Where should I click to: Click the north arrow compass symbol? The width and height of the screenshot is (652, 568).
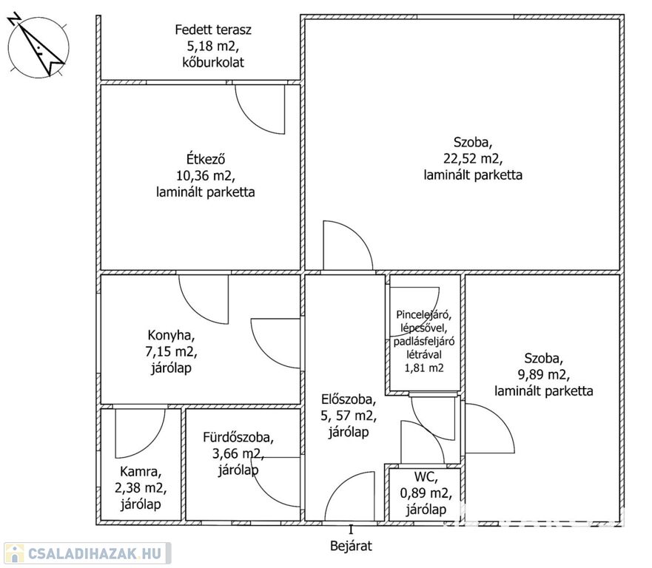38,47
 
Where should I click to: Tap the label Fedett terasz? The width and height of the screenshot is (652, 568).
213,30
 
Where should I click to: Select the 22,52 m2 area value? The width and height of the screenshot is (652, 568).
473,159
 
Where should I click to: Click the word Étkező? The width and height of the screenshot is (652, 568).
206,159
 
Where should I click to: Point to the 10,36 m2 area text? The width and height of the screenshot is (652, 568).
206,176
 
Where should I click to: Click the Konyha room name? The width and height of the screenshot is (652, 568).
171,335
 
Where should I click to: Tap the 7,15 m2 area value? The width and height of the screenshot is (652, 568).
171,352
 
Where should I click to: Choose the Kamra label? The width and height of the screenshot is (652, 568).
141,472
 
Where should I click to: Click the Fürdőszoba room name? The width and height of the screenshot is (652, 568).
238,437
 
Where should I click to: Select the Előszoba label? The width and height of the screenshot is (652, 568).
349,399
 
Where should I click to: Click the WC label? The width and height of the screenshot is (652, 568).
426,477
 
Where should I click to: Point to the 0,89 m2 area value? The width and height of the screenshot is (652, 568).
426,493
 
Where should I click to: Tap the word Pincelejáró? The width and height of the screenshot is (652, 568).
424,314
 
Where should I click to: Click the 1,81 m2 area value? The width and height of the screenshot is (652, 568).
424,368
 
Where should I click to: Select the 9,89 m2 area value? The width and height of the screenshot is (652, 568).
543,375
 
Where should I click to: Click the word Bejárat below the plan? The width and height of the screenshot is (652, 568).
351,546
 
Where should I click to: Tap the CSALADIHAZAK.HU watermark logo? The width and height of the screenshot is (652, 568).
87,553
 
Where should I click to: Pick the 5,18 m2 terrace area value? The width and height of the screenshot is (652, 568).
213,46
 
